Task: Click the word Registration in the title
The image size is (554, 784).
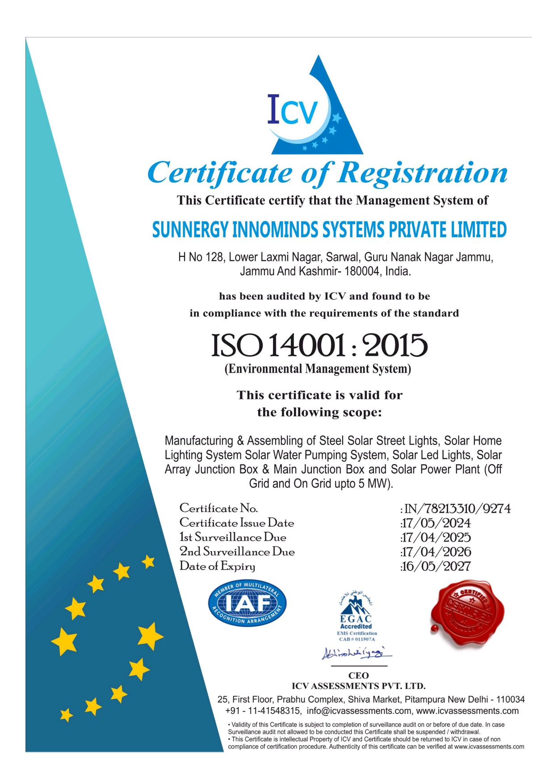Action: point(422,172)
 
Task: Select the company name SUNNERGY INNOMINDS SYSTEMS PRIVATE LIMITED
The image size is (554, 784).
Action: point(329,230)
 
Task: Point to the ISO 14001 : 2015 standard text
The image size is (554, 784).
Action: point(319,345)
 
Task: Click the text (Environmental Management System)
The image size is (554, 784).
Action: point(318,369)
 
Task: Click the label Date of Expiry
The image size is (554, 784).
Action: point(218,566)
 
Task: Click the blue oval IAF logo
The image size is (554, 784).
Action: point(247,604)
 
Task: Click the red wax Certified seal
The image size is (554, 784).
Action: point(467,613)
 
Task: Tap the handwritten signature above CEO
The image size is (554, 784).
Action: point(356,653)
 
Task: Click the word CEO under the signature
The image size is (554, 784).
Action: point(358,675)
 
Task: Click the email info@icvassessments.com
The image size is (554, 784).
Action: point(359,711)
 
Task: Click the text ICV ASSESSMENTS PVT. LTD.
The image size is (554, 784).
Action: point(358,686)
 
